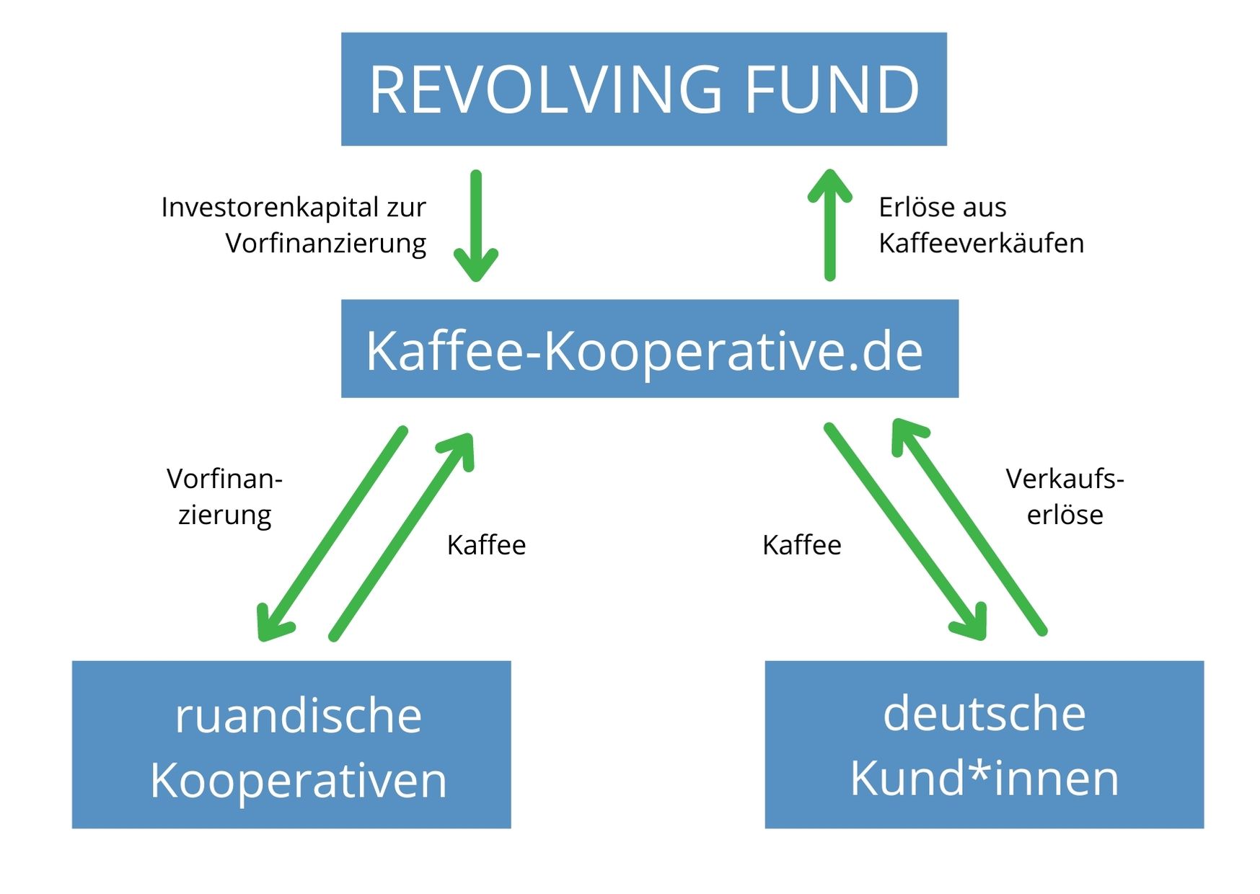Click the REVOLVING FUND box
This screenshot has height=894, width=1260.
[x=643, y=89]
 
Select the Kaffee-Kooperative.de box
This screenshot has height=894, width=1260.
[x=649, y=349]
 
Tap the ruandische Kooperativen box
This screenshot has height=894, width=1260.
[x=291, y=744]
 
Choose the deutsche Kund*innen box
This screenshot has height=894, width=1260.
[x=984, y=744]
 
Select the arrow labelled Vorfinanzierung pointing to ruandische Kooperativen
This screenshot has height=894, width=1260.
[x=332, y=534]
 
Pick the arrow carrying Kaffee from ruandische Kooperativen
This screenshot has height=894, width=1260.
[x=401, y=536]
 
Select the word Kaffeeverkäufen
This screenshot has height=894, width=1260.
[x=981, y=244]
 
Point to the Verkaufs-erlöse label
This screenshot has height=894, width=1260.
[x=1065, y=497]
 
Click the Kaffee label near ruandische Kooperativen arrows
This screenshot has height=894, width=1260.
[x=486, y=545]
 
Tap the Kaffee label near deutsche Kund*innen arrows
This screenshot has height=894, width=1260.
[x=801, y=545]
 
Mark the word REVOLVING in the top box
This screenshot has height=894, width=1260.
[x=545, y=89]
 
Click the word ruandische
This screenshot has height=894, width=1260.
[x=298, y=716]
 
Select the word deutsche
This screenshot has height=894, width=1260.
[x=984, y=713]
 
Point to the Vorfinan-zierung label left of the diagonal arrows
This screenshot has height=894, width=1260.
[x=224, y=497]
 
